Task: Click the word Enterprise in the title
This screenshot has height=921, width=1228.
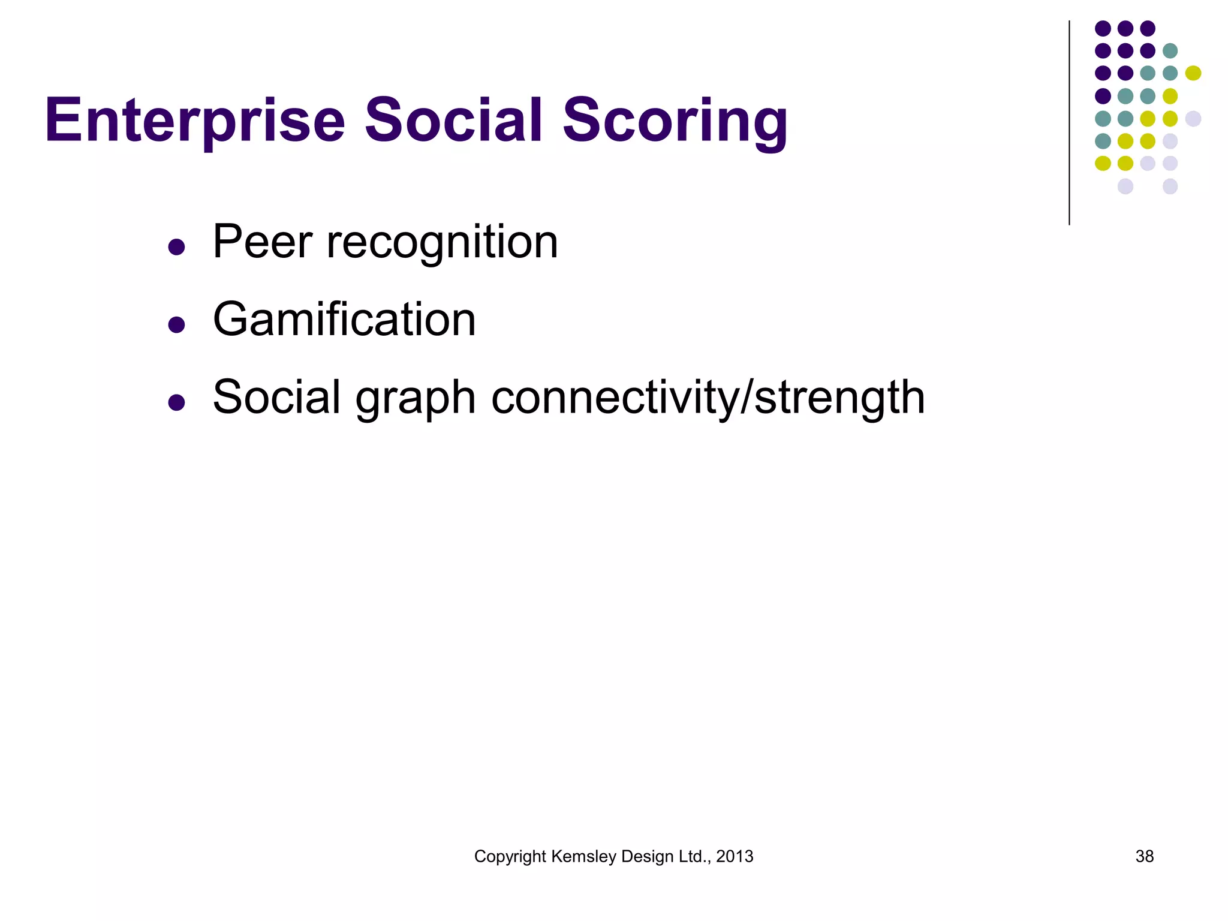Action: (195, 122)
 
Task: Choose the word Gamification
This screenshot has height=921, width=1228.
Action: (344, 320)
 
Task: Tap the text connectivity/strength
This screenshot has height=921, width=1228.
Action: (708, 398)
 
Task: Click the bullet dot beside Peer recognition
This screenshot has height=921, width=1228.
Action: (176, 247)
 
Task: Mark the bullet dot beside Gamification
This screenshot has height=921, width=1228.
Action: (176, 324)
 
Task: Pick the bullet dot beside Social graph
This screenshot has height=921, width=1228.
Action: (176, 402)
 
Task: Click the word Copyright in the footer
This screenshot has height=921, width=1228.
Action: (510, 857)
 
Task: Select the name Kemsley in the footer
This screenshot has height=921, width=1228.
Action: (583, 857)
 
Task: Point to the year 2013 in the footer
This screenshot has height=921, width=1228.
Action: (735, 856)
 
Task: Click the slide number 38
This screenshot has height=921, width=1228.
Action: (1145, 856)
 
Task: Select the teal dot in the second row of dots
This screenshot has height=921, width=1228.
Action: (1170, 51)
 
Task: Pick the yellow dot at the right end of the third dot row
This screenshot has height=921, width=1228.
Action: (1193, 73)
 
